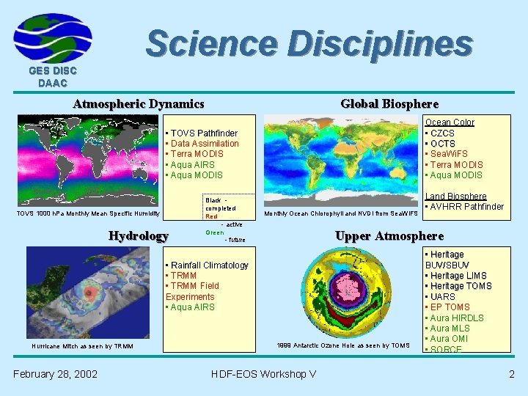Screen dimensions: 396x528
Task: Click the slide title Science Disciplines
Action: [x=309, y=43]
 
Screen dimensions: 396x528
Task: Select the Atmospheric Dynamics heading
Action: [x=138, y=104]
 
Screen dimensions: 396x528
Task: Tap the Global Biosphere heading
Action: [x=389, y=104]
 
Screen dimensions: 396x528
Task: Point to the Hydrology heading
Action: [x=139, y=235]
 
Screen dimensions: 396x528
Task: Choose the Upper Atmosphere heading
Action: [x=389, y=235]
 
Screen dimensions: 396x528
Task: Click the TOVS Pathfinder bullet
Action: [x=203, y=133]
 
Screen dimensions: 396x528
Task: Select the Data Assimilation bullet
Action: [x=204, y=144]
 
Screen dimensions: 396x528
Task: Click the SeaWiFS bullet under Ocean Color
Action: [x=448, y=154]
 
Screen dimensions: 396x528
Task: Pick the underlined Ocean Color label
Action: [x=450, y=122]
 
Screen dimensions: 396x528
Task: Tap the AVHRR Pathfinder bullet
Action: [x=465, y=207]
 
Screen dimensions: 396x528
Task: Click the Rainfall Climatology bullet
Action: [x=208, y=265]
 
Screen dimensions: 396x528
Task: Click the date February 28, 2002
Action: [x=55, y=374]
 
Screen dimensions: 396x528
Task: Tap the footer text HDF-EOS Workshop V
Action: [x=263, y=374]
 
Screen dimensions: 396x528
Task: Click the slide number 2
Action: [x=511, y=374]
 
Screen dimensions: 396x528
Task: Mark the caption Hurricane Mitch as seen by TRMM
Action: [x=83, y=346]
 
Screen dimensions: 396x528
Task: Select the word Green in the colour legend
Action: [x=215, y=233]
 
